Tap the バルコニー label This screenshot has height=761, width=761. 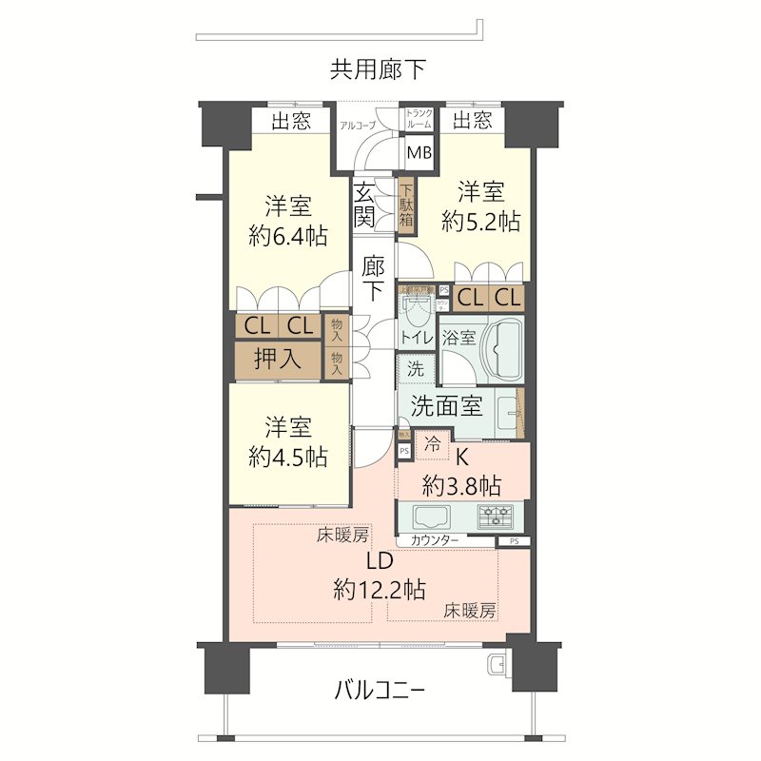point(380,690)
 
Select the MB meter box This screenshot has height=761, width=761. point(418,152)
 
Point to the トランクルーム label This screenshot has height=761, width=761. point(420,119)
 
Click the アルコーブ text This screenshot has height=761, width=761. point(359,125)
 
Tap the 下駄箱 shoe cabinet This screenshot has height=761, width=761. point(406,205)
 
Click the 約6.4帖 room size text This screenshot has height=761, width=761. point(288,236)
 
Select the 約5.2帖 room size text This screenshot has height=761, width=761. point(480,221)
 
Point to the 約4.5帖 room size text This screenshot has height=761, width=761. point(288,457)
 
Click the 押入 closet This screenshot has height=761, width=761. point(278,359)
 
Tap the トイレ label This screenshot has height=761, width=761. point(416,337)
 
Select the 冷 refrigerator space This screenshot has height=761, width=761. point(432,442)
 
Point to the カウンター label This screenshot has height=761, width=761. point(435,540)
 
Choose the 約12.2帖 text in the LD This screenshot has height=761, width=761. point(379,589)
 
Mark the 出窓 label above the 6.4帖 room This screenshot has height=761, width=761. point(291,121)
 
